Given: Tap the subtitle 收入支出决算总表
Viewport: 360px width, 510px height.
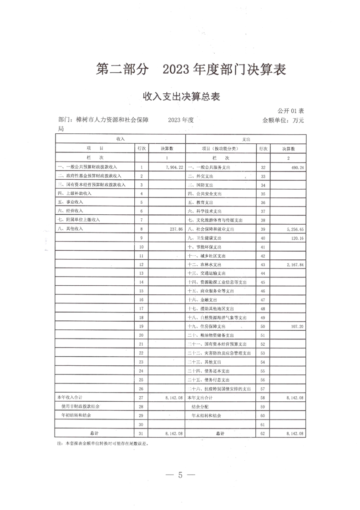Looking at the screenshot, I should click(182, 96).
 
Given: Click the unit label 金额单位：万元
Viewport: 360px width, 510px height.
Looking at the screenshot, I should click(283, 120).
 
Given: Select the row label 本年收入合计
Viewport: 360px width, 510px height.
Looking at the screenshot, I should click(68, 398).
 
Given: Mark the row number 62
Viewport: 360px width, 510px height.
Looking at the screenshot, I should click(262, 433).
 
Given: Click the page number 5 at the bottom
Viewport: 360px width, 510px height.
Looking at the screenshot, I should click(180, 475).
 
